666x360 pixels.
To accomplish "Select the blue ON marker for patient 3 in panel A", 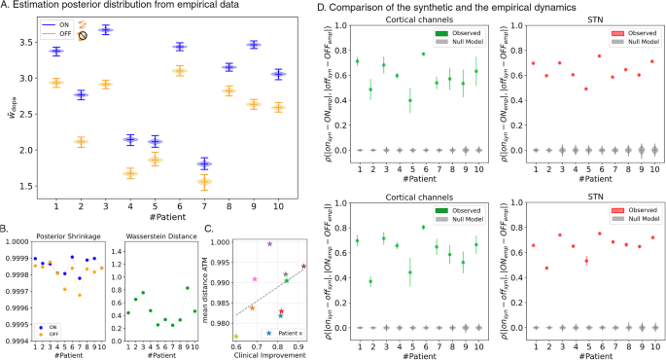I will [x=106, y=30].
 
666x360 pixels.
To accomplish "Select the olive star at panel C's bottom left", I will [x=236, y=336].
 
